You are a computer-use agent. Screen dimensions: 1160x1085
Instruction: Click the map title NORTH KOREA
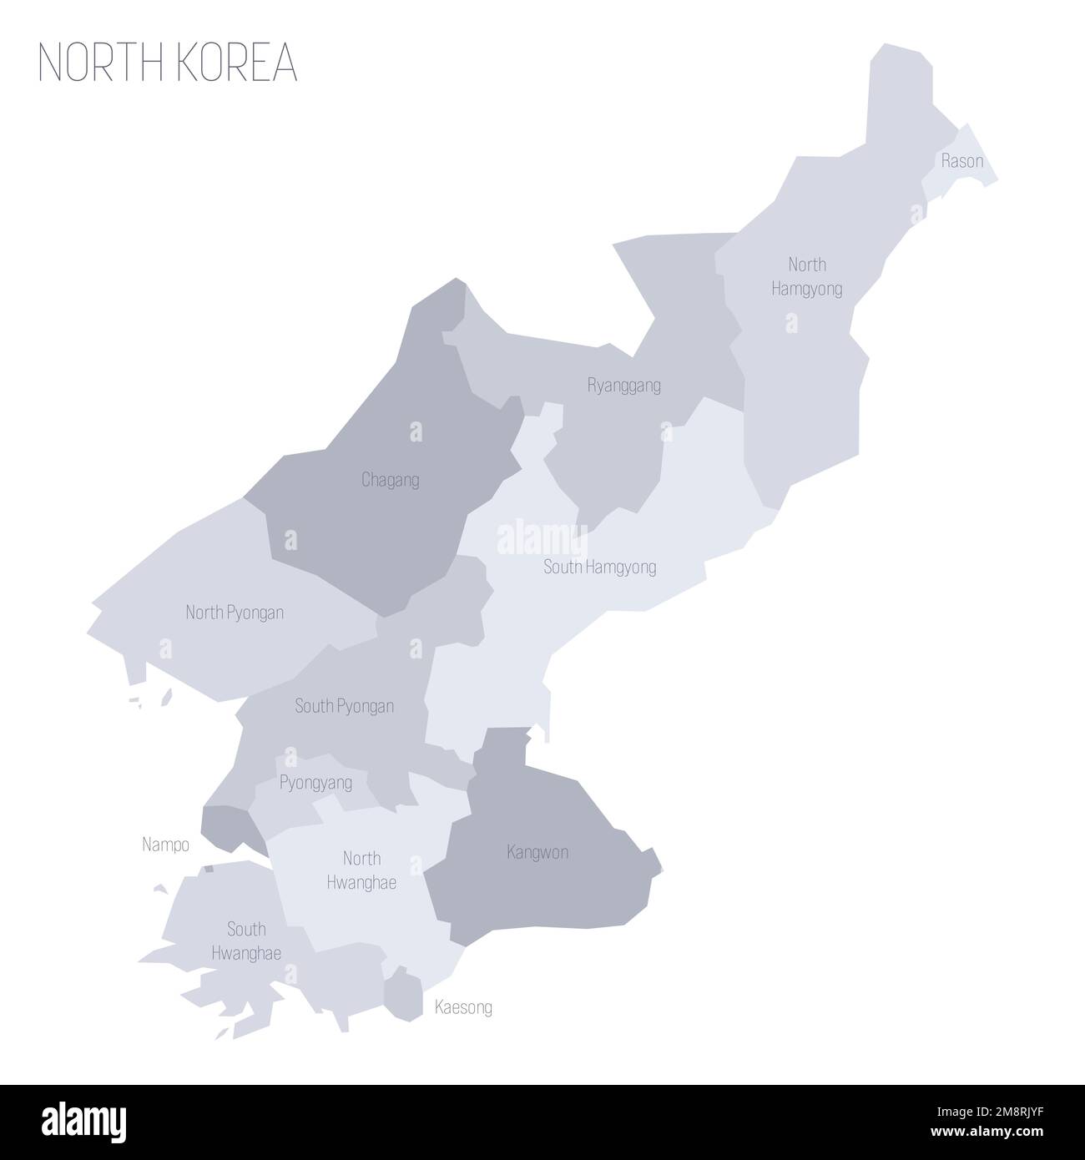(x=168, y=63)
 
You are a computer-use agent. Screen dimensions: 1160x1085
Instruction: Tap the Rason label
(x=961, y=161)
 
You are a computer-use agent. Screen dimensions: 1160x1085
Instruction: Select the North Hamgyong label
(x=807, y=276)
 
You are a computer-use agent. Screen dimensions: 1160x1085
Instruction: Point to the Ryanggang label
(x=624, y=386)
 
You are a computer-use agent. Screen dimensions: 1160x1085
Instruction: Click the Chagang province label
(x=391, y=480)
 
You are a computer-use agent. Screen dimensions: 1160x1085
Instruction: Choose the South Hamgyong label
(x=599, y=567)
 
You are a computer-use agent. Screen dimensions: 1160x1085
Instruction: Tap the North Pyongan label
(x=235, y=613)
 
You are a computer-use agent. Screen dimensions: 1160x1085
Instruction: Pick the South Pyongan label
(x=344, y=706)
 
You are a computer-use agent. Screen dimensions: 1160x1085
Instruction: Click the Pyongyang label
(x=315, y=783)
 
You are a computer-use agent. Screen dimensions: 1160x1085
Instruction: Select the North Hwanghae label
(x=361, y=870)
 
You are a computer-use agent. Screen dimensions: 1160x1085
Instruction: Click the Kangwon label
(x=537, y=852)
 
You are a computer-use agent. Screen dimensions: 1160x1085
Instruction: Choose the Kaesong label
(x=463, y=1007)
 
